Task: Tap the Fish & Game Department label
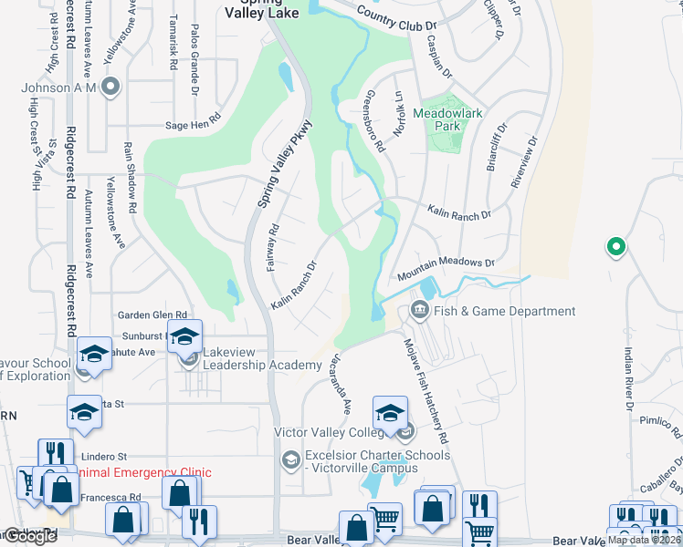coord(504,311)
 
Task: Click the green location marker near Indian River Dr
coord(615,246)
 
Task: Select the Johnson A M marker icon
coord(110,88)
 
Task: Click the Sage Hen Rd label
coord(194,119)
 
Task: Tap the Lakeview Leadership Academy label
coord(262,358)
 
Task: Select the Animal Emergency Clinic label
coord(146,471)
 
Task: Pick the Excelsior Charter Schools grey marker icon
coord(290,459)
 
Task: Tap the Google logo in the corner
coord(30,536)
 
